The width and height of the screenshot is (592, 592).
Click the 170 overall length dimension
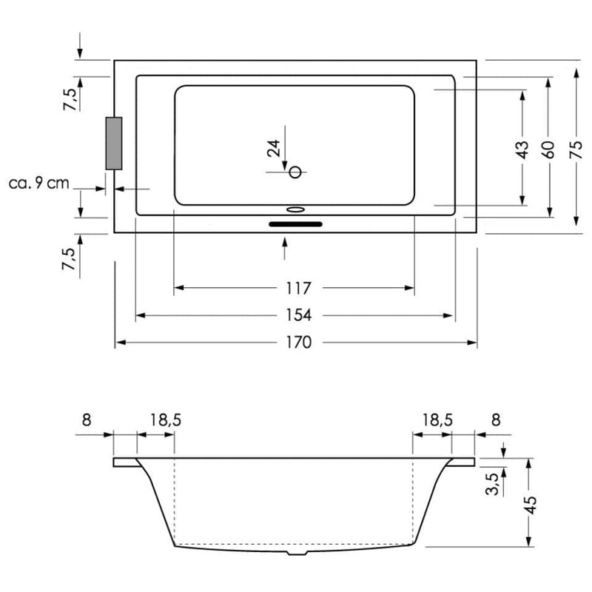[295, 343]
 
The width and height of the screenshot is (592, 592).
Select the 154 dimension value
[295, 315]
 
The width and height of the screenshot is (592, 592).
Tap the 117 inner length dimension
[295, 288]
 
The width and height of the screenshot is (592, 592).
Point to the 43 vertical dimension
[522, 149]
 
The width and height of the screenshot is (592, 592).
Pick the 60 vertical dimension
[548, 149]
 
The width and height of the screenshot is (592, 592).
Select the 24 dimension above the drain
[275, 148]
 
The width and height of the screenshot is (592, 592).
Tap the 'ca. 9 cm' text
[38, 183]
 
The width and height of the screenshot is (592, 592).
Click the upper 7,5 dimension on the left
[69, 99]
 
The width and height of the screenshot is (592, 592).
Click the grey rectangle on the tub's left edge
[114, 144]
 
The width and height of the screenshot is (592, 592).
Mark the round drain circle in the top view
[295, 172]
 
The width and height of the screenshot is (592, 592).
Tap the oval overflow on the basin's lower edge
[295, 209]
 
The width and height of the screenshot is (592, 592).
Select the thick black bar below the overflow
[295, 223]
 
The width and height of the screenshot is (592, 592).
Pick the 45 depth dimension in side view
[529, 505]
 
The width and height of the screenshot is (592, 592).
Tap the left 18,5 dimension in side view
[166, 420]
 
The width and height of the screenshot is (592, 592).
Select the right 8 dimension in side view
[496, 420]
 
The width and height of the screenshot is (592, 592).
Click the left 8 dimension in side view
[87, 420]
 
